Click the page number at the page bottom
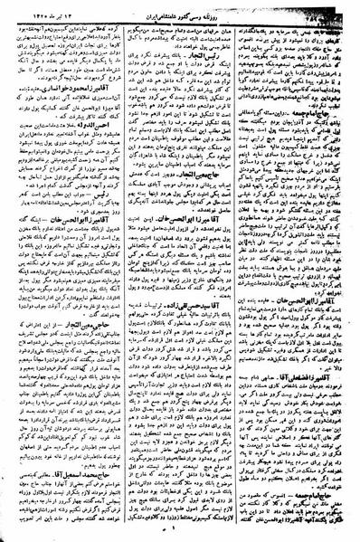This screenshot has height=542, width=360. pos(181,532)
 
